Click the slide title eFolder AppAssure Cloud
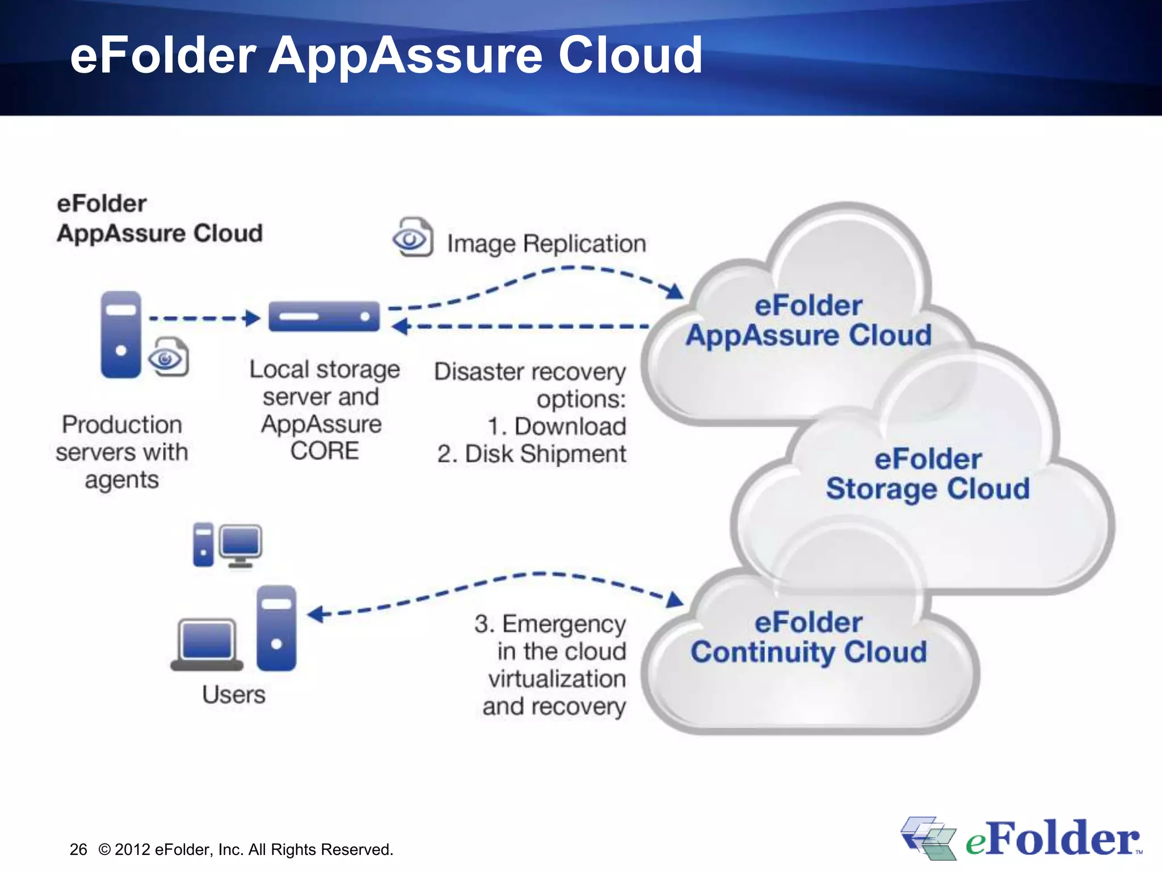tap(386, 55)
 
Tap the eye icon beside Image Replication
tap(413, 238)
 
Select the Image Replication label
tap(546, 244)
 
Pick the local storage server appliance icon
tap(324, 316)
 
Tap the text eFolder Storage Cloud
tap(928, 474)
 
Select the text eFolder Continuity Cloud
tap(809, 637)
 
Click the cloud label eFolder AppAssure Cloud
tap(809, 320)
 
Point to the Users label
tap(233, 694)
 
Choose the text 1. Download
tap(556, 426)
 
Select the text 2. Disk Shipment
tap(532, 454)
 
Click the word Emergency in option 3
tap(563, 624)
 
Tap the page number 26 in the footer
tap(78, 849)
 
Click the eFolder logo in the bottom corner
tap(1021, 839)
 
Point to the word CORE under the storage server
tap(325, 451)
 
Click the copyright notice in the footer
tap(246, 849)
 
